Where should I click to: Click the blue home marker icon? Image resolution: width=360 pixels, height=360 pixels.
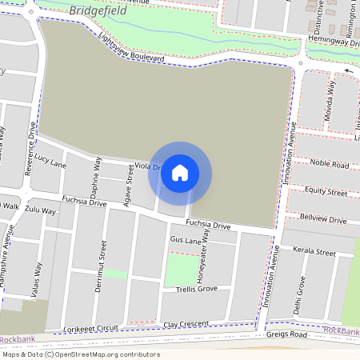click(x=180, y=173)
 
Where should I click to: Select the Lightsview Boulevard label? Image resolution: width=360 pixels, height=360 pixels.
click(x=131, y=47)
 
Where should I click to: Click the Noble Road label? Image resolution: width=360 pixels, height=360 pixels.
click(x=330, y=164)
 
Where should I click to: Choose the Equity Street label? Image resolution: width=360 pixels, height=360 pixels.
click(x=326, y=192)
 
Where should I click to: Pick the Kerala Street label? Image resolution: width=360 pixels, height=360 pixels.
click(x=314, y=252)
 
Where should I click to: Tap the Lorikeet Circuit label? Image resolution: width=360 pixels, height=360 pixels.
click(x=92, y=329)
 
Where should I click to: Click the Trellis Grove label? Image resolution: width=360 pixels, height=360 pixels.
click(x=190, y=288)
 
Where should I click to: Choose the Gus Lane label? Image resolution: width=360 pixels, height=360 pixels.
click(x=184, y=239)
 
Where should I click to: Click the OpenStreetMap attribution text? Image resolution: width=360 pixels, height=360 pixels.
click(x=82, y=354)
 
